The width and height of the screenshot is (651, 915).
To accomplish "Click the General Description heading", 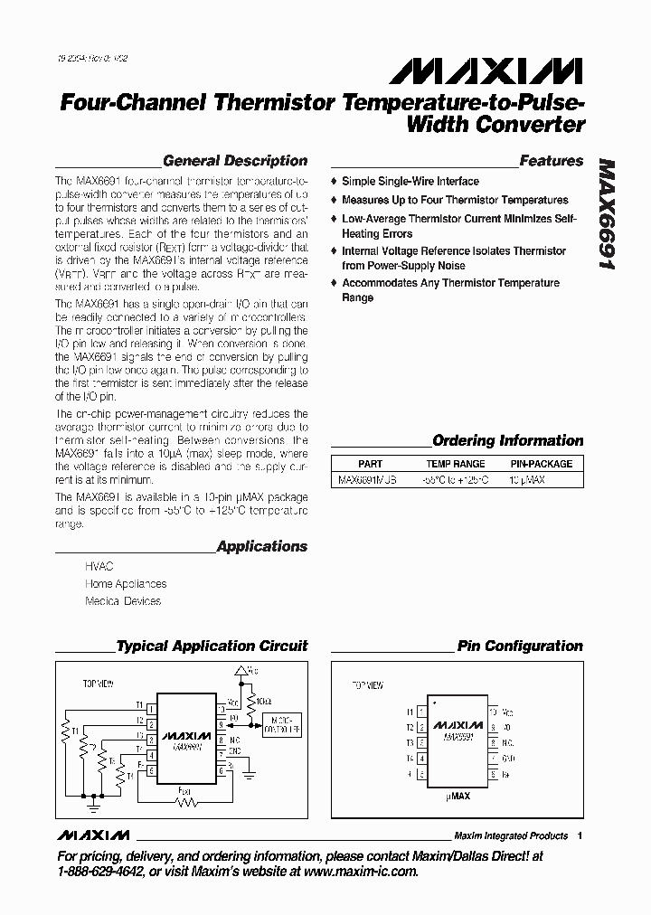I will [x=235, y=161].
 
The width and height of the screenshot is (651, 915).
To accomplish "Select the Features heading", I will [x=552, y=161].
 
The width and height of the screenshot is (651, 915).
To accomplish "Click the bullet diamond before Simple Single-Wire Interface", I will [x=334, y=182].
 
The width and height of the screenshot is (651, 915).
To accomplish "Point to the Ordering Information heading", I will [x=508, y=441].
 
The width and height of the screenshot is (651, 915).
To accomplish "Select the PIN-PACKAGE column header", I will [x=542, y=464].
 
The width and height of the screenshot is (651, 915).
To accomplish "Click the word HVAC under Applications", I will [x=99, y=566].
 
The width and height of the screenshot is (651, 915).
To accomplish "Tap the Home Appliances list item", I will [x=126, y=583].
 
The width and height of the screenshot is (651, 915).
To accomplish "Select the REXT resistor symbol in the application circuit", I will [x=187, y=801].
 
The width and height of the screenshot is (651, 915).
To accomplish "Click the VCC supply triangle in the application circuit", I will [x=240, y=672].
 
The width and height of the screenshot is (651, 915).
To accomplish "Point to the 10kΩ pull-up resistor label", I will [x=263, y=701].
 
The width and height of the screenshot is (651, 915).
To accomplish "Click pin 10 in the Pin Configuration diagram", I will [x=494, y=712].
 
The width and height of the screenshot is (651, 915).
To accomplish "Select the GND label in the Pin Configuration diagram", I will [x=508, y=758].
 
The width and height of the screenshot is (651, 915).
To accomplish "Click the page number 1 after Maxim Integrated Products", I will [x=580, y=835].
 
